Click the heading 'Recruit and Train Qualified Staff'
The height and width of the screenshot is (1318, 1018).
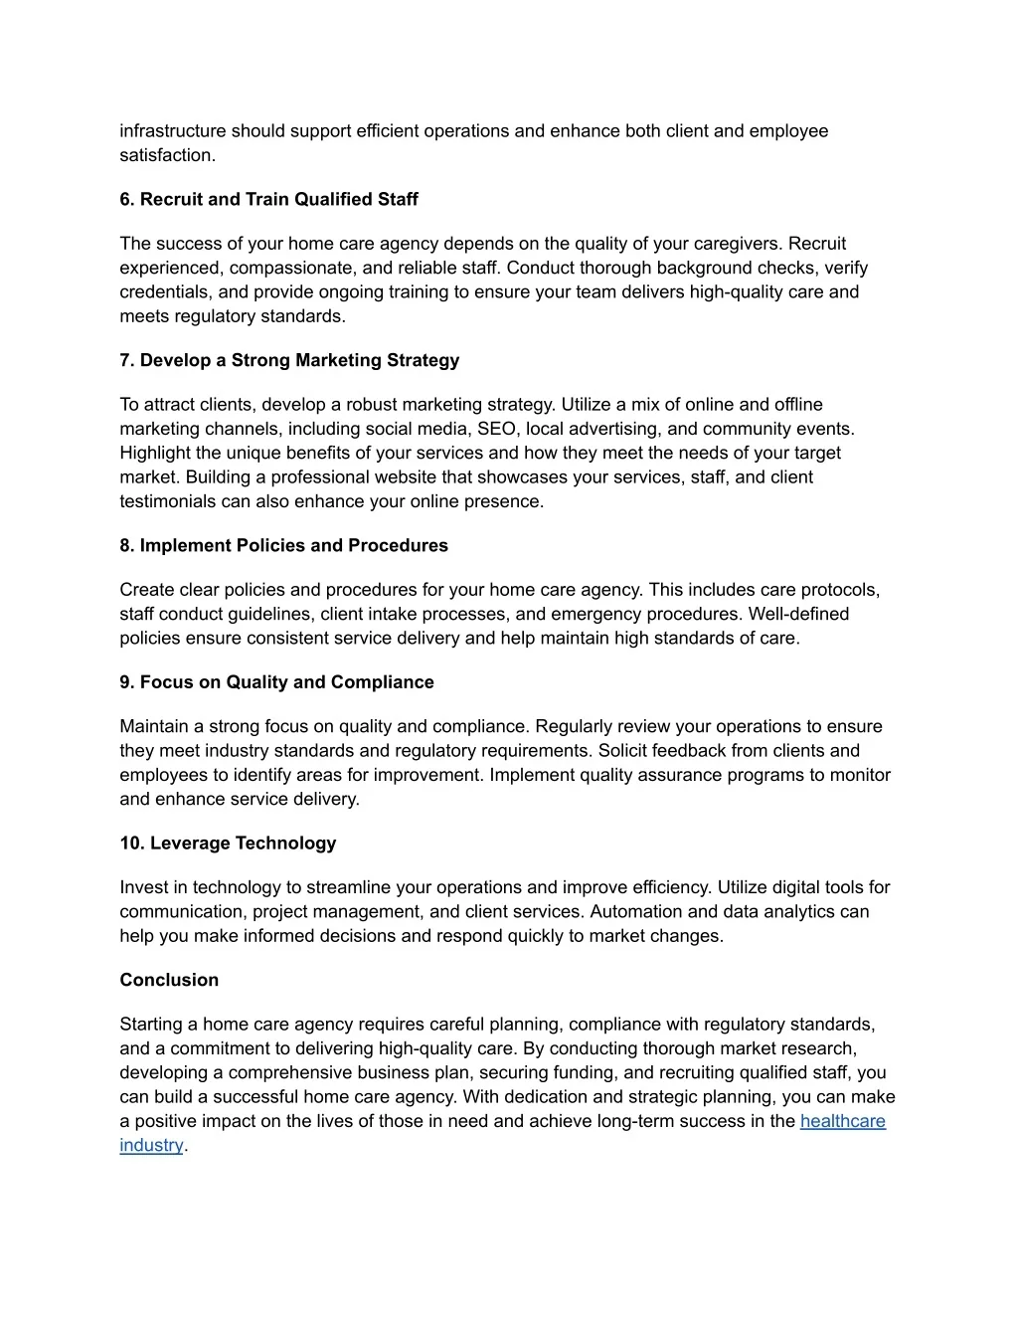tap(278, 199)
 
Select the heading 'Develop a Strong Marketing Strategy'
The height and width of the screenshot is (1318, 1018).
tap(299, 360)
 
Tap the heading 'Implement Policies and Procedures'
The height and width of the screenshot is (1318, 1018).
tap(293, 545)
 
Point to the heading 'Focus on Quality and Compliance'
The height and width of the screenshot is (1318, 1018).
tap(286, 682)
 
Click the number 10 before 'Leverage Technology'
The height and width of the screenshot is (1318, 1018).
tap(131, 844)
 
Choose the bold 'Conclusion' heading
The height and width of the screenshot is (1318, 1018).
tap(169, 980)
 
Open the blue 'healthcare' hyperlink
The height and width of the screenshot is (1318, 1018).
tap(842, 1121)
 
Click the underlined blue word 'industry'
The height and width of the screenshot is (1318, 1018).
tap(151, 1145)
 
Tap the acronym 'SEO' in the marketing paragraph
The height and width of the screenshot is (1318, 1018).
tap(496, 429)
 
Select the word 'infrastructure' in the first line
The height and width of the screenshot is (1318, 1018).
tap(173, 131)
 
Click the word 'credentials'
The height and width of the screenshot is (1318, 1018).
tap(164, 292)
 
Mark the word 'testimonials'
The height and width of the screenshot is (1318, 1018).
tap(168, 501)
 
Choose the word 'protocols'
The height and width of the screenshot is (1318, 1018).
tap(840, 590)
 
